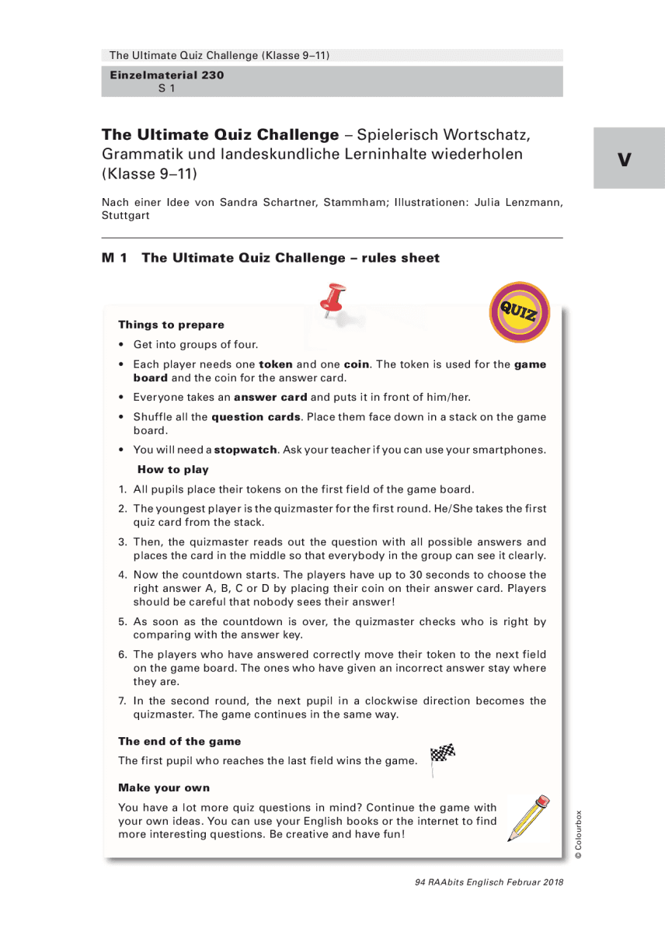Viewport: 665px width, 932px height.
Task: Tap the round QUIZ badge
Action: [x=519, y=312]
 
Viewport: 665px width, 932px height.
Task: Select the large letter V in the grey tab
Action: [x=625, y=160]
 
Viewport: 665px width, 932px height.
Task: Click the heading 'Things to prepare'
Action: [x=171, y=325]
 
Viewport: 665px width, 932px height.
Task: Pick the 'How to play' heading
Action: [x=172, y=469]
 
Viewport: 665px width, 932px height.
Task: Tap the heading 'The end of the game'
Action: [x=179, y=741]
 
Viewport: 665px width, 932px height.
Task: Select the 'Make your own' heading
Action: [x=164, y=788]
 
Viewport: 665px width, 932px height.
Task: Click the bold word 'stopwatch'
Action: [x=245, y=450]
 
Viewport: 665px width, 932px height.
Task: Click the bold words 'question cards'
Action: [x=256, y=416]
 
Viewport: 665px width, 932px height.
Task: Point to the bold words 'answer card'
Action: [x=270, y=397]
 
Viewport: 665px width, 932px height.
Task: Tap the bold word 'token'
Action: [x=276, y=363]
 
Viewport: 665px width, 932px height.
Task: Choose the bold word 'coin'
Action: [x=357, y=363]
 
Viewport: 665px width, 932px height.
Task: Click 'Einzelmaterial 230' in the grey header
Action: [x=166, y=75]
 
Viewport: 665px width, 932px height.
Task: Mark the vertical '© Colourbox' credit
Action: [x=577, y=834]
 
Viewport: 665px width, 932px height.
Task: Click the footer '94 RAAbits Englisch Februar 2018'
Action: [x=489, y=882]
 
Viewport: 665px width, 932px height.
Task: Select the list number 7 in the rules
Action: [x=122, y=701]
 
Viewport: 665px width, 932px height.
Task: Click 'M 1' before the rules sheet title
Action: [x=114, y=258]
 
